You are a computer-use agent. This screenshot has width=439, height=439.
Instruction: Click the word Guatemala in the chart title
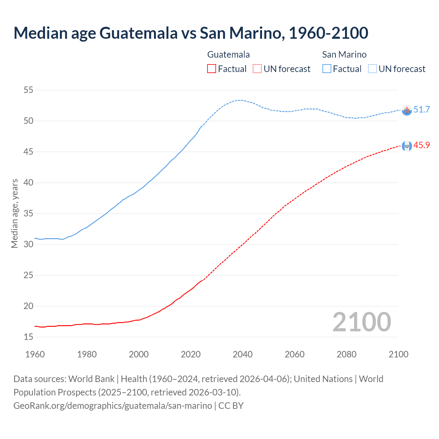(x=139, y=33)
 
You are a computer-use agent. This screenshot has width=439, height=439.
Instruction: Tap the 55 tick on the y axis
(x=28, y=90)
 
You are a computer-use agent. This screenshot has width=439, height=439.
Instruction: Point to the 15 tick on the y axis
(x=28, y=337)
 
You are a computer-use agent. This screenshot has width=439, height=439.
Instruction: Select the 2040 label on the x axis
(x=242, y=354)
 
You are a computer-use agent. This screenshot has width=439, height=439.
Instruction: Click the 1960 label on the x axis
(x=35, y=354)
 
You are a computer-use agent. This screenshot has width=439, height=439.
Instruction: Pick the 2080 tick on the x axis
(x=346, y=354)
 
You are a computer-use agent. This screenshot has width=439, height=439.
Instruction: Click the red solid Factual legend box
(x=212, y=69)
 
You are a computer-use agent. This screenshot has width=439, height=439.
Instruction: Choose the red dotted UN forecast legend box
(x=257, y=69)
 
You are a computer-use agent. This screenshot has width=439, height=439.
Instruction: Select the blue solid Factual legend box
(x=327, y=69)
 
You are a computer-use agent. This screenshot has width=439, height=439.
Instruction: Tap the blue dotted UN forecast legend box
(x=372, y=69)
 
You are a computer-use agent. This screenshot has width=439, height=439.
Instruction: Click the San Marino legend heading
(x=344, y=55)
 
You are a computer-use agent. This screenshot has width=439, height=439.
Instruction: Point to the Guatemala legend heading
(x=228, y=55)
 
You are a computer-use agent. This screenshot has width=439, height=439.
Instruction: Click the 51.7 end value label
(x=422, y=109)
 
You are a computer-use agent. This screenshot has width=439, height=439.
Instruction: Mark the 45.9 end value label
(x=422, y=145)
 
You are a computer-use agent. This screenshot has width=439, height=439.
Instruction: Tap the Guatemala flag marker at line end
(x=407, y=146)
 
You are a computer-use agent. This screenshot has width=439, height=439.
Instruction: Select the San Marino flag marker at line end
(x=407, y=110)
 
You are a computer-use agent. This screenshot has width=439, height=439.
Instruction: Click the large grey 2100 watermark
(x=361, y=322)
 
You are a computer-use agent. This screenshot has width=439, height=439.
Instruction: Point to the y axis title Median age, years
(x=14, y=213)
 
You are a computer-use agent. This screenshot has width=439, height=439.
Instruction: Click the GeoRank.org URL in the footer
(x=112, y=406)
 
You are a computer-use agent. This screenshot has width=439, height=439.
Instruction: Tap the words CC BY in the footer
(x=231, y=406)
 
